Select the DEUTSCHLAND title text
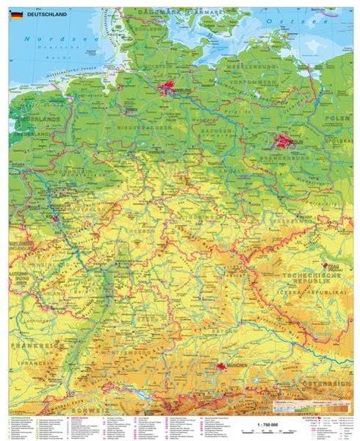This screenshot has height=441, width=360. pyautogui.click(x=47, y=12)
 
